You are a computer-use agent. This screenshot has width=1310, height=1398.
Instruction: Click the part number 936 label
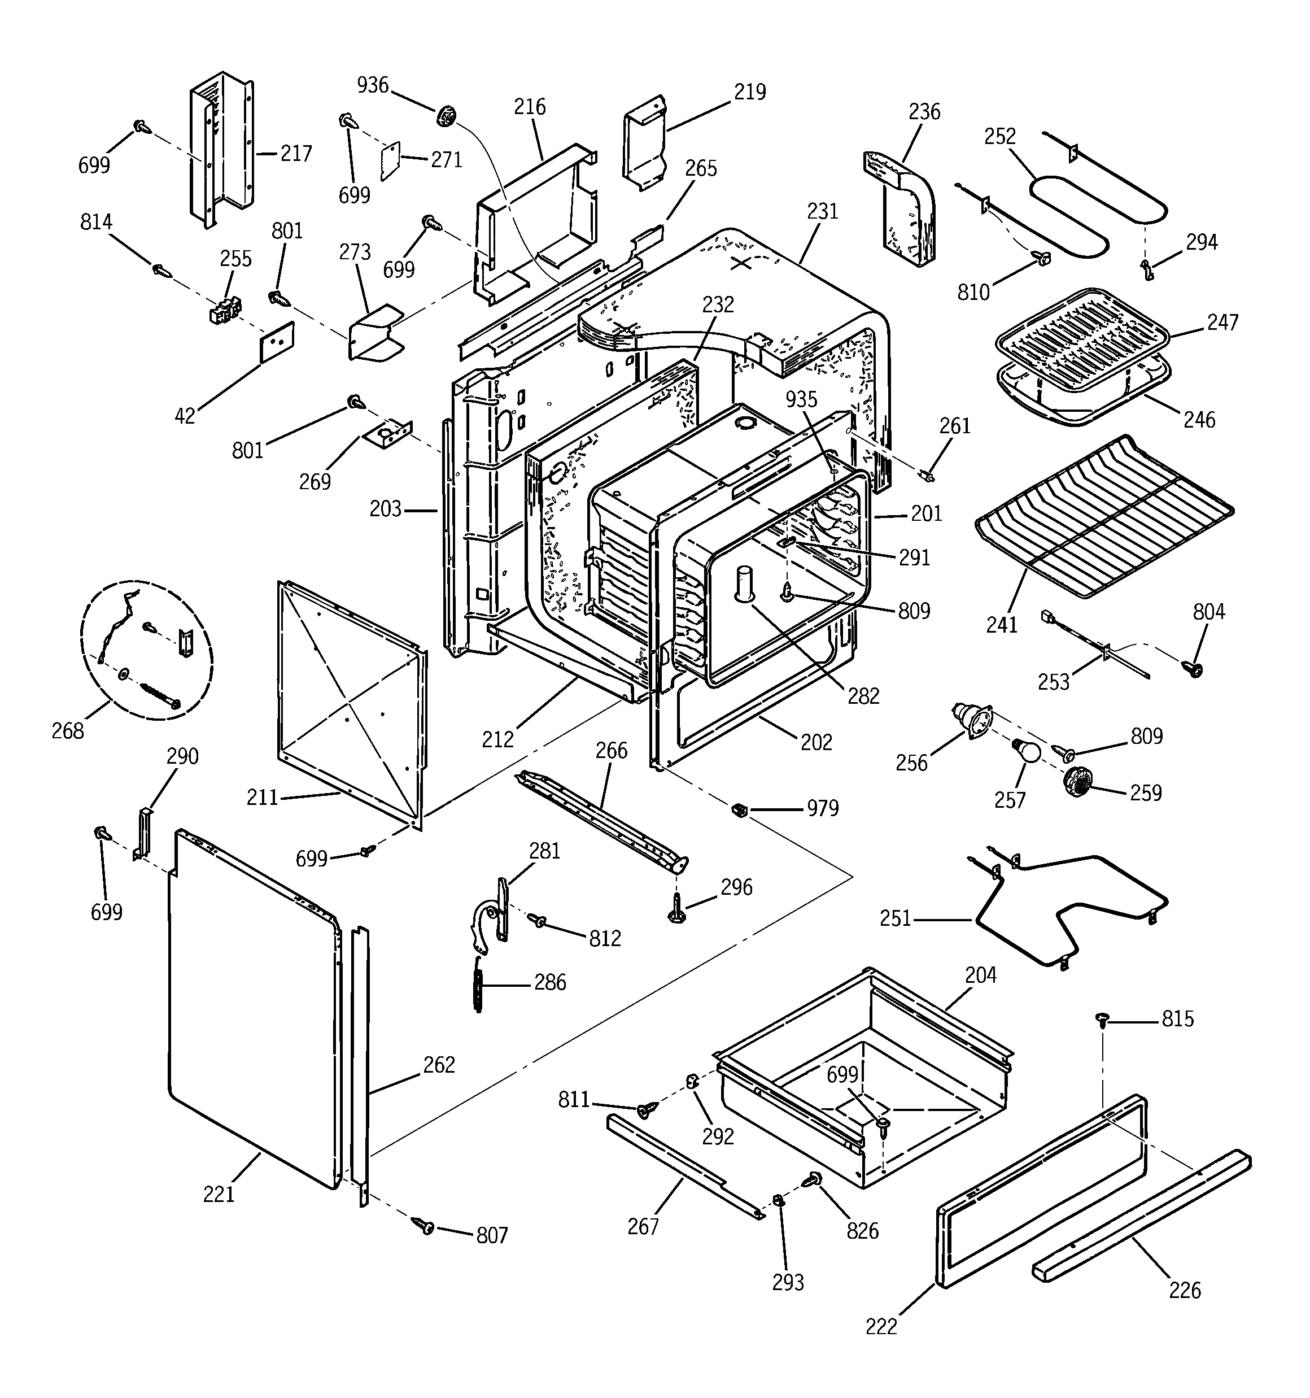[x=373, y=85]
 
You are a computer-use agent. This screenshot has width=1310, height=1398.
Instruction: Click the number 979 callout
[x=823, y=809]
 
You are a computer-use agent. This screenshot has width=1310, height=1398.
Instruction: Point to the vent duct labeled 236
[x=903, y=211]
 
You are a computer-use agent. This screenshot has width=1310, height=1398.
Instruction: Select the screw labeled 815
[x=1103, y=1019]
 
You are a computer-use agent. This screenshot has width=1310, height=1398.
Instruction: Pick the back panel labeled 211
[x=352, y=703]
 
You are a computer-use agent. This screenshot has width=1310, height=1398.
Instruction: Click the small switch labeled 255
[x=225, y=310]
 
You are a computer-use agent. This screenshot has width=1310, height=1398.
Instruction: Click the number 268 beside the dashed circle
[x=68, y=731]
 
